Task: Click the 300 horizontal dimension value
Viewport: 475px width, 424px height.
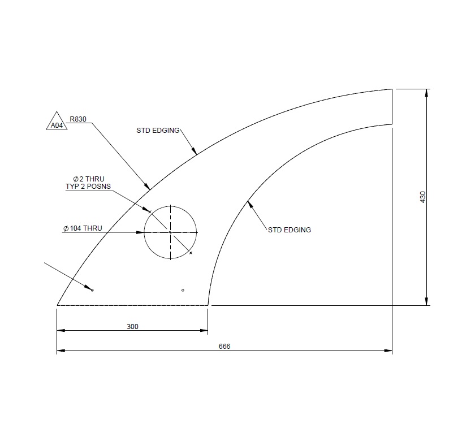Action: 132,326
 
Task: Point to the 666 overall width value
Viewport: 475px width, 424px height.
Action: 224,347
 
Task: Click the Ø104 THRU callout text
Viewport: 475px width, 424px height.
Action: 83,228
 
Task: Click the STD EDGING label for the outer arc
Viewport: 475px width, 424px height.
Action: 158,131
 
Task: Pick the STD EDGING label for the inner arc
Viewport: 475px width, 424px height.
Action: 289,230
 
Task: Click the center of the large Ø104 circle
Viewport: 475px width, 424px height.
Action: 171,232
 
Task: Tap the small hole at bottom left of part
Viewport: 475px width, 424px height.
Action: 92,291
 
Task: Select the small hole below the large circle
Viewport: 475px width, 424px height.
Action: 183,290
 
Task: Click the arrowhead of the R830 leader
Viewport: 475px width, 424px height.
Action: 148,187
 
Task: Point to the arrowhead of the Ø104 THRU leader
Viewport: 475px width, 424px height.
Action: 141,232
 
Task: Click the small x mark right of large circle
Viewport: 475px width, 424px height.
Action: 191,253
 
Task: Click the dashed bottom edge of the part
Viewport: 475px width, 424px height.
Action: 133,305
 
